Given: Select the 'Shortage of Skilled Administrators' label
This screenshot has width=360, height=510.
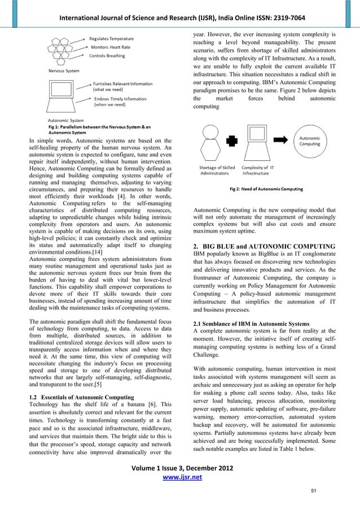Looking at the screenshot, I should (x=217, y=170).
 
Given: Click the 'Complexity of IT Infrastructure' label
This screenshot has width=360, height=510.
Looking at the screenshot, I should (x=260, y=170).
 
